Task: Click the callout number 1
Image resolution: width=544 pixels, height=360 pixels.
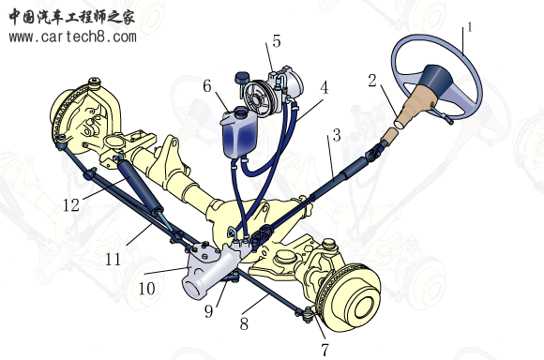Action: pos(470,27)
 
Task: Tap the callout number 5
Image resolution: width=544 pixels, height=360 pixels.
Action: pos(276,41)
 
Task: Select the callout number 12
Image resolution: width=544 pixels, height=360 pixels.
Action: pos(71,205)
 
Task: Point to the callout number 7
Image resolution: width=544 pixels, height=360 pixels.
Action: pos(325,350)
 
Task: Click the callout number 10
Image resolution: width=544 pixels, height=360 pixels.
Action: pos(146,288)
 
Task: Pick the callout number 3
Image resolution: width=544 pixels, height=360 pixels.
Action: pos(337,135)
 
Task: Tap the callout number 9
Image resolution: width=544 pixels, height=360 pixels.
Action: pos(208,311)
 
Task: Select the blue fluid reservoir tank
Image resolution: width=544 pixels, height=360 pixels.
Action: pos(239,133)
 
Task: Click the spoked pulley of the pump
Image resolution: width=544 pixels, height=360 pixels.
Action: pos(256,98)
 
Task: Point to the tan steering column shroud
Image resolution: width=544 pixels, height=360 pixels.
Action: pos(415,110)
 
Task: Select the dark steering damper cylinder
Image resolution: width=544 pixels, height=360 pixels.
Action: pos(140,184)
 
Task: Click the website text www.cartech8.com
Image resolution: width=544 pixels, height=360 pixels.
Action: pos(73,37)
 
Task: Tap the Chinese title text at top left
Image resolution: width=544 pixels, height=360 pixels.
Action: pos(71,17)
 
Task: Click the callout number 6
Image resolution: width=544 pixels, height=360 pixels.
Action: pos(207,86)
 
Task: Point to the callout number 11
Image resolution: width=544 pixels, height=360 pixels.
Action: pos(113,260)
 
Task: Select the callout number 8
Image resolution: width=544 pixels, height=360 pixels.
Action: pos(244,324)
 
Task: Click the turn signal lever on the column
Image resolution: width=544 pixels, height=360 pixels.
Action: pos(442,114)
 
